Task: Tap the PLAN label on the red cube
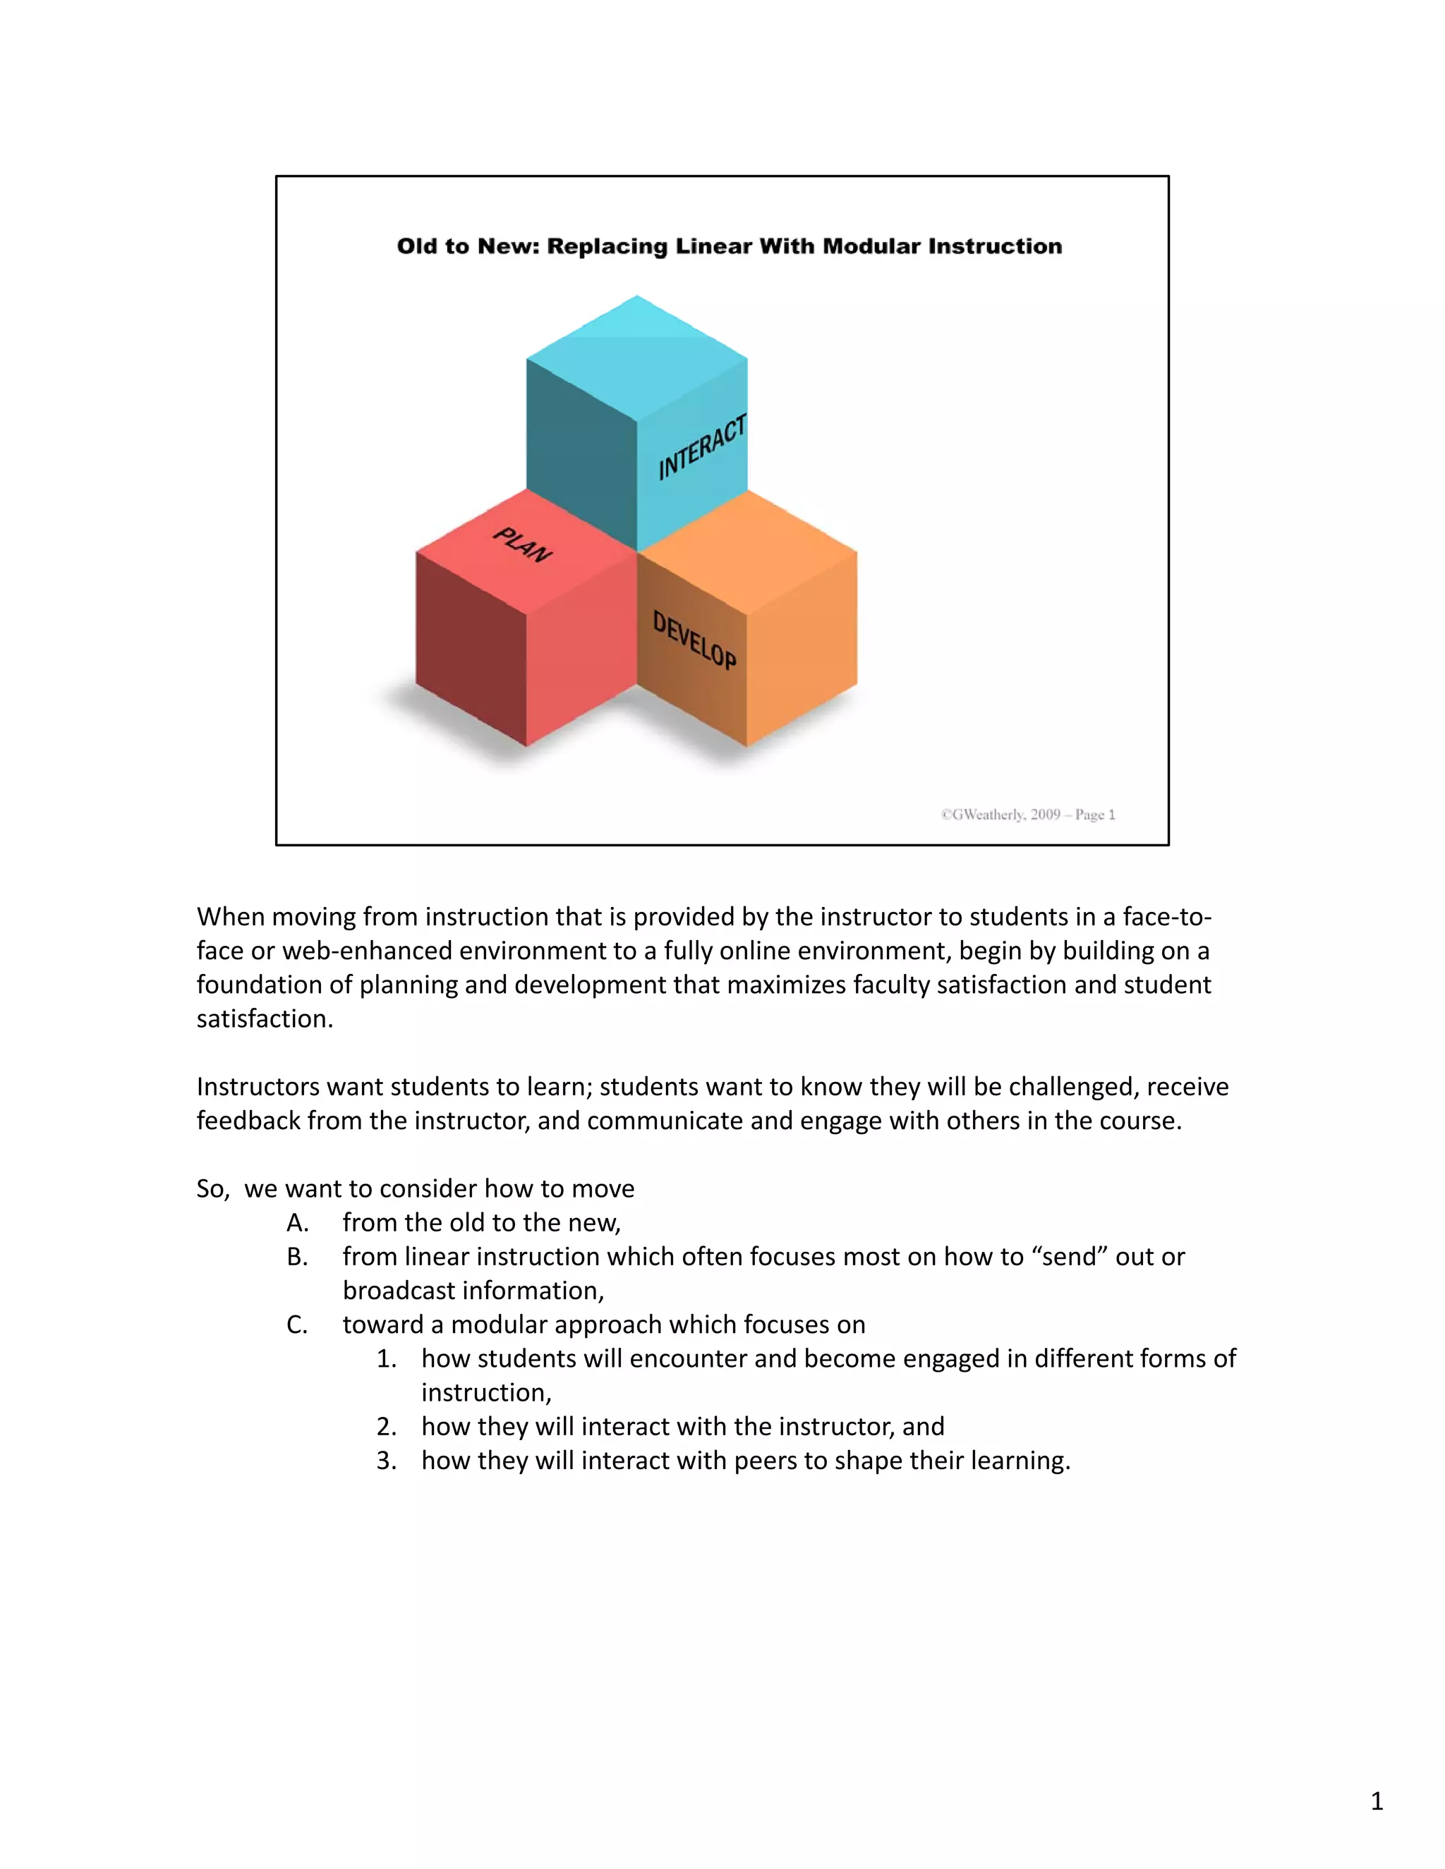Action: click(x=522, y=545)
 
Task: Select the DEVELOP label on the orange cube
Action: click(x=694, y=640)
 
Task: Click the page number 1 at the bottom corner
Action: click(x=1377, y=1801)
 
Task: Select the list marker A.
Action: click(x=297, y=1223)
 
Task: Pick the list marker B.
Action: click(x=297, y=1257)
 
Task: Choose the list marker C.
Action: click(x=297, y=1325)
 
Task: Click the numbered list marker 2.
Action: click(x=386, y=1427)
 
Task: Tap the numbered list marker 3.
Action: click(x=386, y=1461)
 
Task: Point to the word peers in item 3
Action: click(x=768, y=1461)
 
